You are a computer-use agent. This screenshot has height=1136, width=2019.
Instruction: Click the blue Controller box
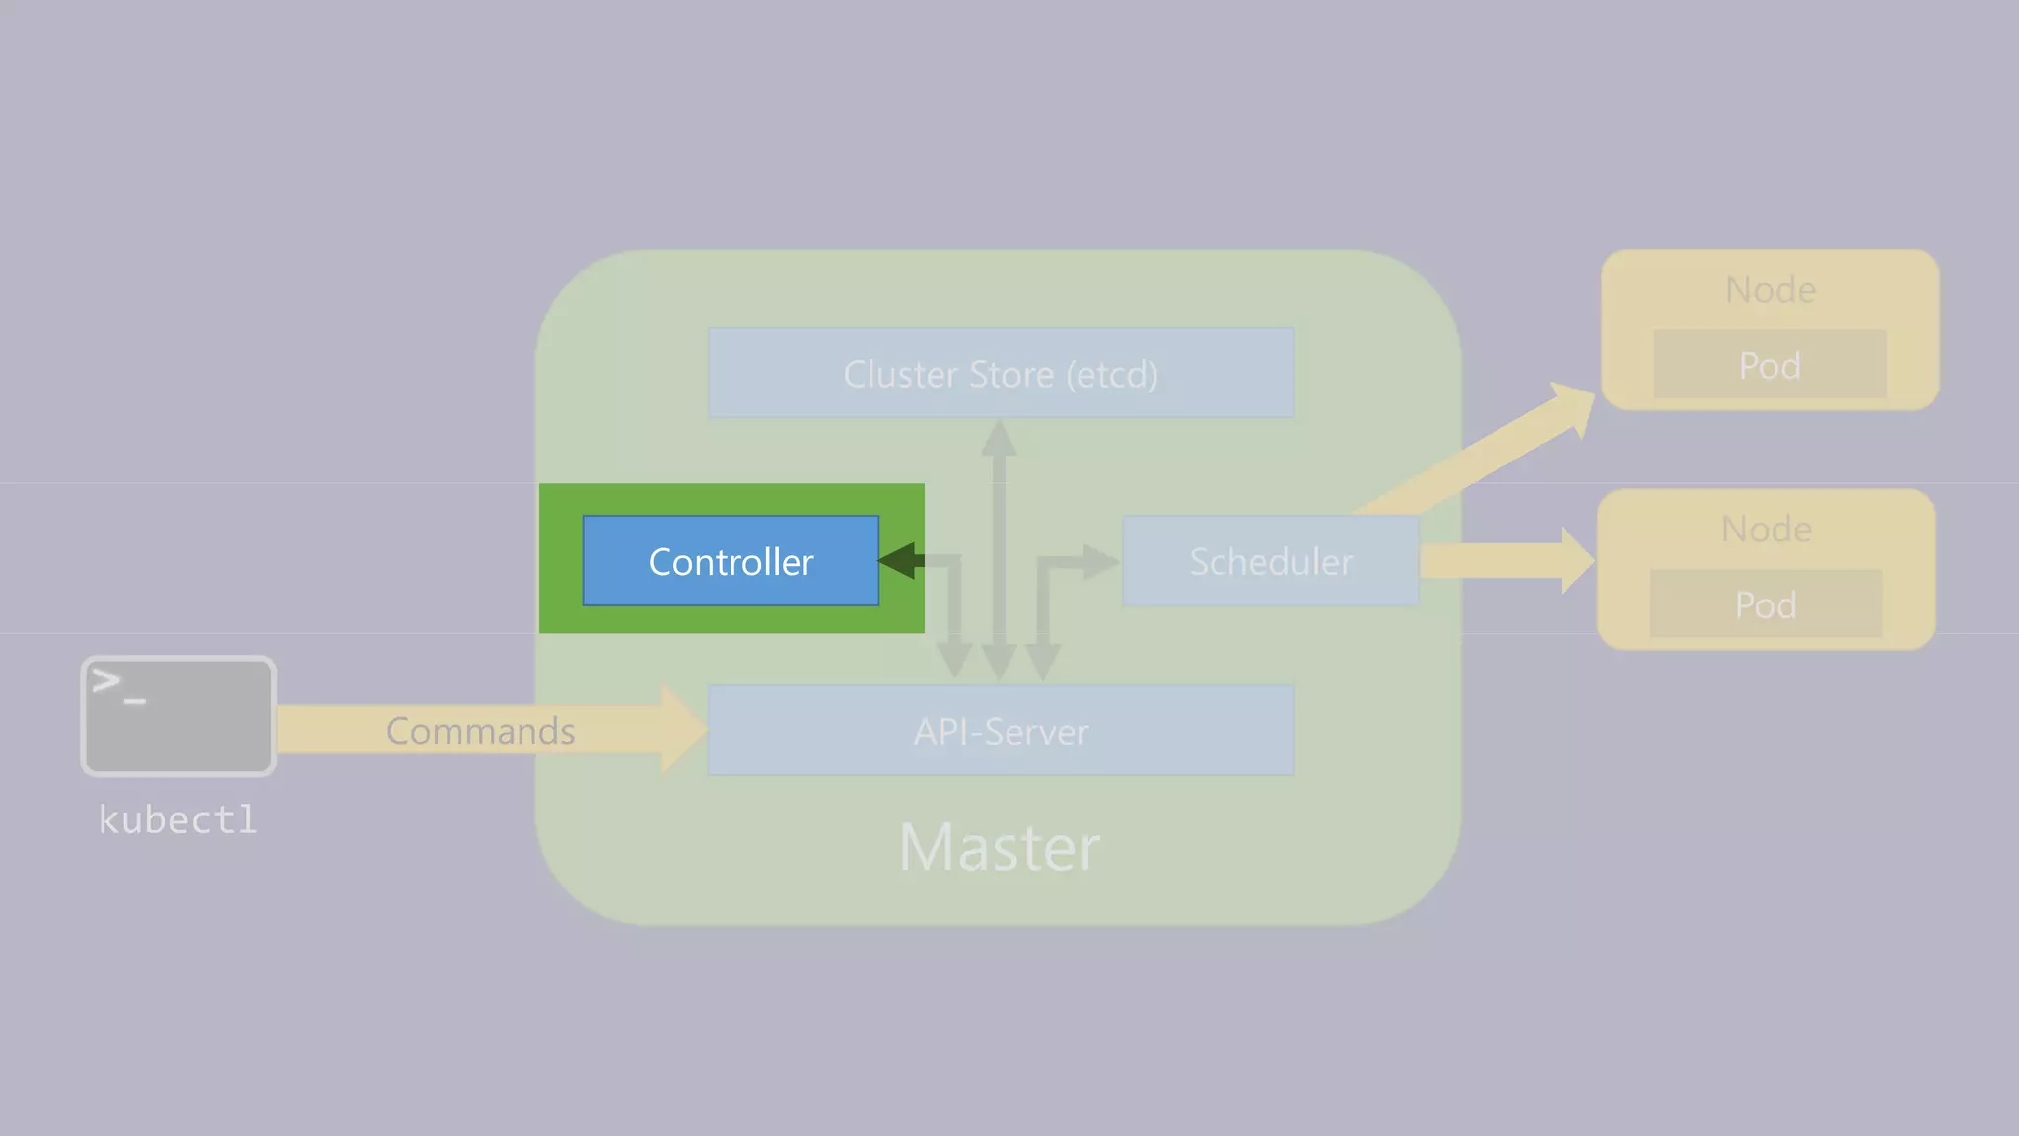(x=731, y=560)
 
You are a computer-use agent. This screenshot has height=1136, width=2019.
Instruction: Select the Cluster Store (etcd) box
(x=1001, y=373)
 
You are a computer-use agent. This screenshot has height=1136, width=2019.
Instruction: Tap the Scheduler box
(x=1270, y=560)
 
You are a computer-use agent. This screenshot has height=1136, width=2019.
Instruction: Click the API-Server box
(x=1001, y=731)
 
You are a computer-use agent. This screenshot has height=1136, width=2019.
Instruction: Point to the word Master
(x=1000, y=847)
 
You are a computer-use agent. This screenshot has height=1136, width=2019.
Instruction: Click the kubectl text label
(x=178, y=819)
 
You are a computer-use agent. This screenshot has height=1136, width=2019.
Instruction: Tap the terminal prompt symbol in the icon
(x=116, y=684)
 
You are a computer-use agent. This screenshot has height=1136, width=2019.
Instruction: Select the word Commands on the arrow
(x=480, y=731)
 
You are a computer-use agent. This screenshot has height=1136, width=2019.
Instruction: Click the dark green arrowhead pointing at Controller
(x=899, y=560)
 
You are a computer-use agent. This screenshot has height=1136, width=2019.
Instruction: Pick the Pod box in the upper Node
(x=1770, y=365)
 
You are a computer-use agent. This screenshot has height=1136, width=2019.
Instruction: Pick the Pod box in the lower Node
(x=1766, y=604)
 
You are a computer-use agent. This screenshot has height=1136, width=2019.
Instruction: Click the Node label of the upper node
(x=1771, y=290)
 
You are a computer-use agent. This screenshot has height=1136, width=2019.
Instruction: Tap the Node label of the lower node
(x=1766, y=530)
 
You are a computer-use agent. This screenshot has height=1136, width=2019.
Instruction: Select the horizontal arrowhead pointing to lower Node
(x=1576, y=560)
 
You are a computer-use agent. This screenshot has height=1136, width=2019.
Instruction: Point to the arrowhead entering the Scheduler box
(x=1100, y=562)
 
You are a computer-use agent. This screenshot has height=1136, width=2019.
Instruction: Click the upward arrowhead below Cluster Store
(x=999, y=438)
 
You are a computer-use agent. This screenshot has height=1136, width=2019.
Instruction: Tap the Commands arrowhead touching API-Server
(x=683, y=730)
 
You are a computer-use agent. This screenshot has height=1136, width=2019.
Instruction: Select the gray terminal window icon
(x=178, y=716)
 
